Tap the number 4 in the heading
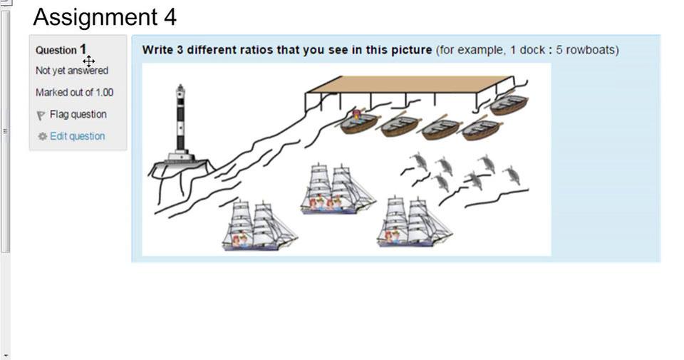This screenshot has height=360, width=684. point(170,17)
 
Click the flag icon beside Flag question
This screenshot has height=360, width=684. point(41,115)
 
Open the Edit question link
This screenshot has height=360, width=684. point(77,136)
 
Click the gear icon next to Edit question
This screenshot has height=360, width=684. point(42,137)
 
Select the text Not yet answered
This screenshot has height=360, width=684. point(72,71)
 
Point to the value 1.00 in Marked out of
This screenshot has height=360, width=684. point(105,93)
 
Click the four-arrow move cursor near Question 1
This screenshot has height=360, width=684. point(88,61)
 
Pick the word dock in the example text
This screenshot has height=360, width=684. point(532,50)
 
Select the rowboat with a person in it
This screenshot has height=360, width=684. point(358,122)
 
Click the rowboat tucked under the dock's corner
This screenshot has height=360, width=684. point(508,105)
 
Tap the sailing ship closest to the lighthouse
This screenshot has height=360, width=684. point(259,226)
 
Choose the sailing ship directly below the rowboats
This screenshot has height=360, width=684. point(337,190)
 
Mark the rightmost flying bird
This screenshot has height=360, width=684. point(513,175)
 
